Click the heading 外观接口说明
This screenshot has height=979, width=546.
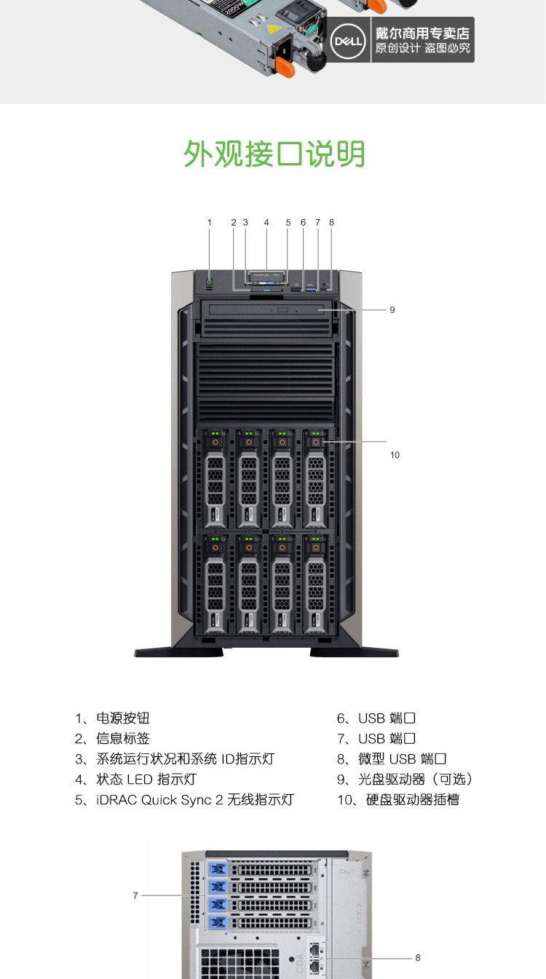tap(274, 154)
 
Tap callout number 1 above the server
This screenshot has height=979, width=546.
tap(210, 223)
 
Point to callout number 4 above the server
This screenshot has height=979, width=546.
tap(266, 223)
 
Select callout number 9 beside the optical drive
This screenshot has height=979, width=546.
tap(392, 310)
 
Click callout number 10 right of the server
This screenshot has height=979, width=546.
tap(395, 455)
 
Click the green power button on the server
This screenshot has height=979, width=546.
tap(210, 282)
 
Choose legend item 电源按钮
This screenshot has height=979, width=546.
tap(122, 718)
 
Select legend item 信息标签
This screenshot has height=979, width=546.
tap(122, 739)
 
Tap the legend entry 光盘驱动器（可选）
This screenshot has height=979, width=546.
tap(415, 780)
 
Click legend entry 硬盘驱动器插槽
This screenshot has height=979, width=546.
tap(412, 800)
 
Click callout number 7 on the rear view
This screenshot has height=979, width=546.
tap(135, 895)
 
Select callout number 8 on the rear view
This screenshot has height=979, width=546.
tap(418, 958)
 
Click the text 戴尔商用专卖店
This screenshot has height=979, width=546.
tap(422, 33)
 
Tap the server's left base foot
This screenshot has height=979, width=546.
tap(178, 652)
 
